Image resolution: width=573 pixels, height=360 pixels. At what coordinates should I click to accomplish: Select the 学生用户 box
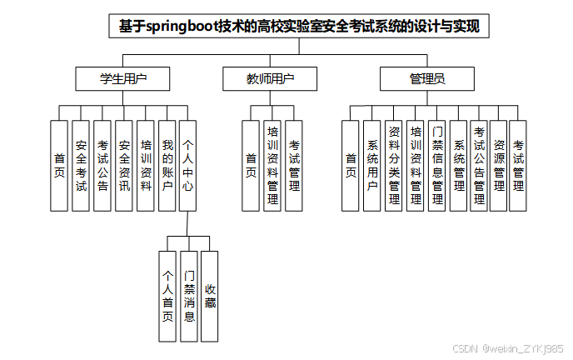123,79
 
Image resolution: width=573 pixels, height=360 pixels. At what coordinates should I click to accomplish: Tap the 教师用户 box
271,79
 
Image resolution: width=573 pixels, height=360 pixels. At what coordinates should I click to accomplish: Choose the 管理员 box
427,79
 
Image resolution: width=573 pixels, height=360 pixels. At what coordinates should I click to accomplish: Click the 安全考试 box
81,166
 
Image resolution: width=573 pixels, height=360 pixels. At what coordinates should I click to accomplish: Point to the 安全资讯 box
124,166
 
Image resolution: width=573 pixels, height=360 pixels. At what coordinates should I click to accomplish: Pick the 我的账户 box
167,166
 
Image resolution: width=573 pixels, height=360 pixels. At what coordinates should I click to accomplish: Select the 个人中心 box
188,166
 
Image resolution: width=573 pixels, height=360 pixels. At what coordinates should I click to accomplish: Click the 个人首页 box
167,296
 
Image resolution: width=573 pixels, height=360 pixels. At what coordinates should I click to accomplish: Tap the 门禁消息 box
189,296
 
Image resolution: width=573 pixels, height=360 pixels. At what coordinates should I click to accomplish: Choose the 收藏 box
210,296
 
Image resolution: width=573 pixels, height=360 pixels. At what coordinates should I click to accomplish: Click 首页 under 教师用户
251,166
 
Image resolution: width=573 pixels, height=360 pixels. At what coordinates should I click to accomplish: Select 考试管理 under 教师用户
294,166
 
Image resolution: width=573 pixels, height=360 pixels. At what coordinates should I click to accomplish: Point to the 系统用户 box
371,166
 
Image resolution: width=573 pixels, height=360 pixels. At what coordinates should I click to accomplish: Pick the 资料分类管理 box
394,166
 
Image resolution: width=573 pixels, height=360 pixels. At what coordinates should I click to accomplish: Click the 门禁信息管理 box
437,166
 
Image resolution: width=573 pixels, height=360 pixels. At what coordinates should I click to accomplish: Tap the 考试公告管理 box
479,166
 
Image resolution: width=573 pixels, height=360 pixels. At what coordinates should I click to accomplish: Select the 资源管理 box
499,166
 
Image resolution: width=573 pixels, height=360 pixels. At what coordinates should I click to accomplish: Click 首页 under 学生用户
59,166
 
